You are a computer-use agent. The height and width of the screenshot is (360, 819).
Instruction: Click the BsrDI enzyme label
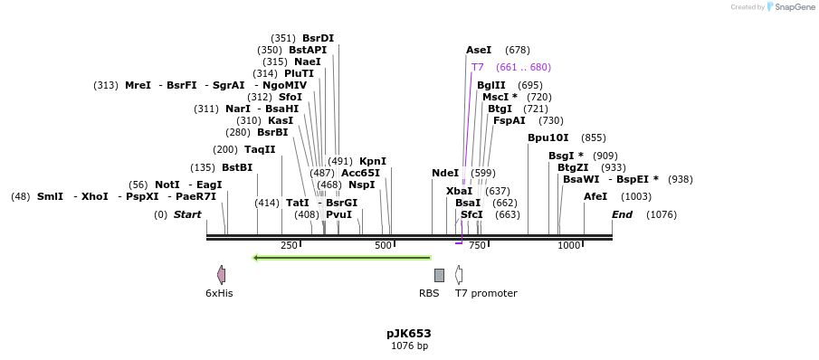pyautogui.click(x=318, y=38)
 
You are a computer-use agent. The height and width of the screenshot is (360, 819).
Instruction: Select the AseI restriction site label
pyautogui.click(x=479, y=50)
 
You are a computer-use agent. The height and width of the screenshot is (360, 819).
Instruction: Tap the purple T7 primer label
pyautogui.click(x=478, y=67)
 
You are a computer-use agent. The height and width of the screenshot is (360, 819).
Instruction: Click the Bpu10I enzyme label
pyautogui.click(x=548, y=137)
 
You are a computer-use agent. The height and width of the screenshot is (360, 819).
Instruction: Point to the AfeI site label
pyautogui.click(x=595, y=196)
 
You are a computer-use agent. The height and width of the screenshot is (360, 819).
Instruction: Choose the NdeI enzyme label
pyautogui.click(x=445, y=173)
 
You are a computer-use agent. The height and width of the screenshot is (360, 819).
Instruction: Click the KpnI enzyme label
pyautogui.click(x=373, y=161)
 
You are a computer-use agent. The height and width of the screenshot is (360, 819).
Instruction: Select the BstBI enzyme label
pyautogui.click(x=237, y=167)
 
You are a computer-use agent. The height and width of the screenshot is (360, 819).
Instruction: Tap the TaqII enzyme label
pyautogui.click(x=260, y=149)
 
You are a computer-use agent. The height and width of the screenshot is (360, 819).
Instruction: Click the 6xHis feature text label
pyautogui.click(x=219, y=293)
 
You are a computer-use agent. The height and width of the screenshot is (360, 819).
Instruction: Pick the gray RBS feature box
pyautogui.click(x=439, y=275)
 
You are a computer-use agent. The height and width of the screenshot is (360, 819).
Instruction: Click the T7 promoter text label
pyautogui.click(x=486, y=293)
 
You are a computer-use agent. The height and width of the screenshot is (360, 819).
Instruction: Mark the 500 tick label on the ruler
pyautogui.click(x=383, y=246)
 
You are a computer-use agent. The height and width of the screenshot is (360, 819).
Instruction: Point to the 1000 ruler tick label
pyautogui.click(x=568, y=246)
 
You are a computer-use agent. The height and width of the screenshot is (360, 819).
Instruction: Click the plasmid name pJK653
pyautogui.click(x=409, y=333)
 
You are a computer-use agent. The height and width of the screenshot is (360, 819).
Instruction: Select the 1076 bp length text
pyautogui.click(x=409, y=346)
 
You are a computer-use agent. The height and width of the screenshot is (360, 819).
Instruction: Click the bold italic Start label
pyautogui.click(x=187, y=214)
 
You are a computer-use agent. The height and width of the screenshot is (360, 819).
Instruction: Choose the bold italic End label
pyautogui.click(x=622, y=214)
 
